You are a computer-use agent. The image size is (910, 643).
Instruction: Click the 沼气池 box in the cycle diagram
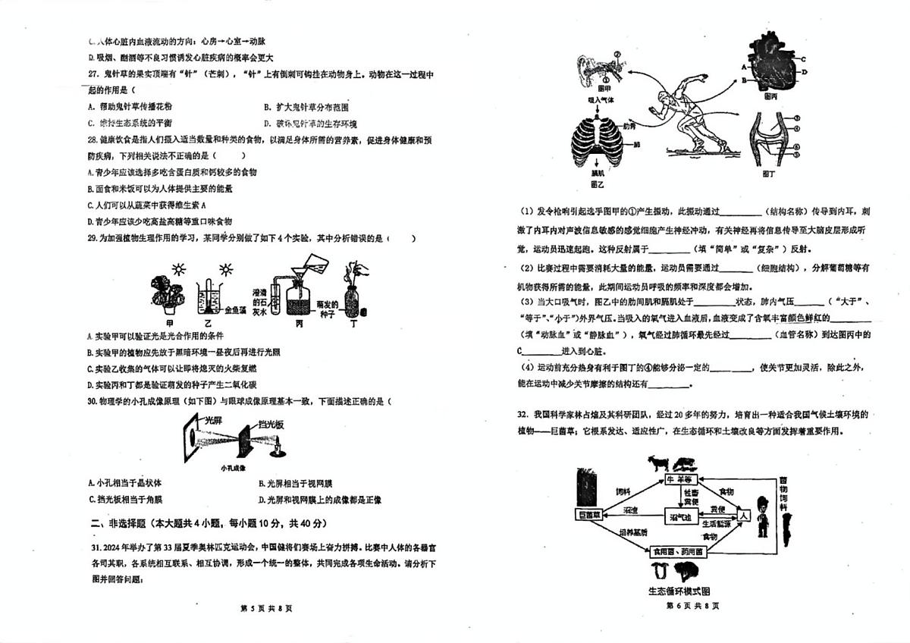click(680, 516)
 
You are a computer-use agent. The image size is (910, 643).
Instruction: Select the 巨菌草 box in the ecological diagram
click(591, 515)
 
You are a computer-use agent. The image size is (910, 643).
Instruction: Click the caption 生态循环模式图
click(679, 591)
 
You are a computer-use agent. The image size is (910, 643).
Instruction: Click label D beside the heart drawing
click(802, 71)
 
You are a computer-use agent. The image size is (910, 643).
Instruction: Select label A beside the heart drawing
click(735, 66)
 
